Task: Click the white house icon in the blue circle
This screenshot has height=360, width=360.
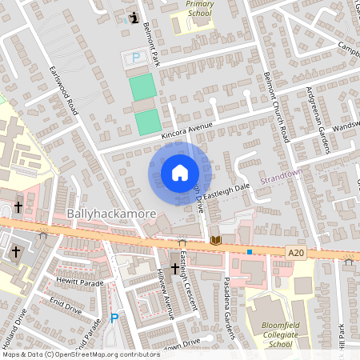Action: [x=179, y=172]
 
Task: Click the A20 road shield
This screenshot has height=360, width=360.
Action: [x=296, y=253]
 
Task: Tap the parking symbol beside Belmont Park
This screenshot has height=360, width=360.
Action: [x=135, y=57]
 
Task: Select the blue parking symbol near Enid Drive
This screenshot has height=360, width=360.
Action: [x=114, y=318]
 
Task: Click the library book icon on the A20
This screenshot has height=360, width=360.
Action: [x=214, y=239]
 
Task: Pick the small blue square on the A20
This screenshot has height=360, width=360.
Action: [x=250, y=251]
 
